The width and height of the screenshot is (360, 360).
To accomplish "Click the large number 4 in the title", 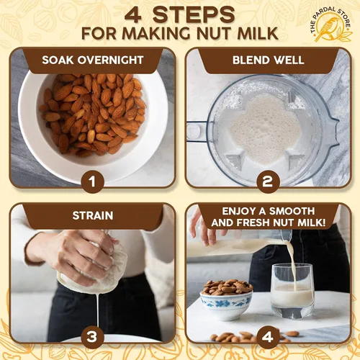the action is (x=132, y=15).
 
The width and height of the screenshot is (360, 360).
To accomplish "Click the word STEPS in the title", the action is (x=194, y=15).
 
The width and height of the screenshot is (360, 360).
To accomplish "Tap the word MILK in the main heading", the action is (x=258, y=34).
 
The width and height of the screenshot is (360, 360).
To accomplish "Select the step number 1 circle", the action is (x=93, y=181).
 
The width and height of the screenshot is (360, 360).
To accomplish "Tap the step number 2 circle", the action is (x=268, y=181).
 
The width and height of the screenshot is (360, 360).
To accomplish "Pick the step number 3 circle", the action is (x=93, y=337).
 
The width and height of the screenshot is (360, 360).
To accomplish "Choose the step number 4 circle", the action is (x=268, y=337).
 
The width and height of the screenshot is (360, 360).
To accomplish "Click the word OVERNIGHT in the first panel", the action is (x=110, y=60).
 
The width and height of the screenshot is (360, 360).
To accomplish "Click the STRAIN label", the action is (x=93, y=215).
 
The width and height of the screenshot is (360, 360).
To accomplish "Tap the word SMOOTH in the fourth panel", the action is (x=292, y=211).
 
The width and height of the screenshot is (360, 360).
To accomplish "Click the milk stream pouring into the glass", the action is (x=293, y=265).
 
